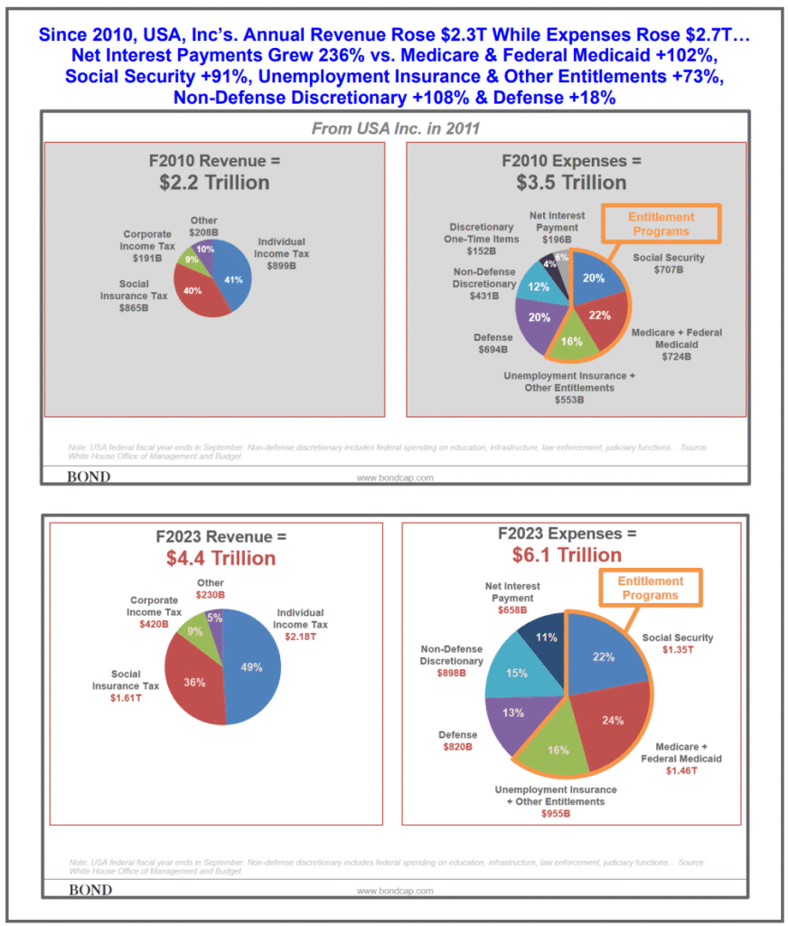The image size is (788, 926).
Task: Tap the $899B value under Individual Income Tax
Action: pyautogui.click(x=281, y=266)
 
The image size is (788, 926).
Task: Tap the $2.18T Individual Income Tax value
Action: pyautogui.click(x=302, y=637)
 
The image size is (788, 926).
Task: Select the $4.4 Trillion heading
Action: pyautogui.click(x=220, y=558)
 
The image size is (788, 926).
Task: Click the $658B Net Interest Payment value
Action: pyautogui.click(x=510, y=610)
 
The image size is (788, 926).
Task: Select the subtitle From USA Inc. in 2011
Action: pyautogui.click(x=395, y=128)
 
